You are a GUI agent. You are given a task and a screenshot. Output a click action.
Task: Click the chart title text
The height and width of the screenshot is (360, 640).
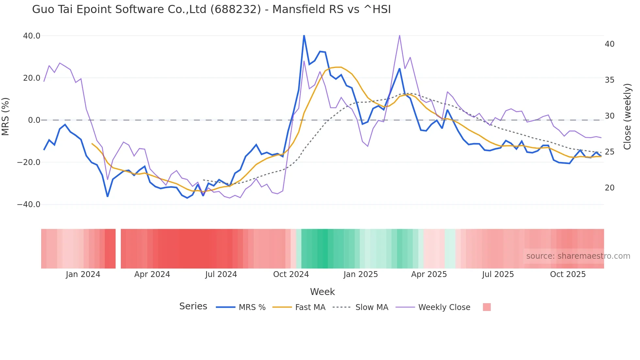pyautogui.click(x=211, y=9)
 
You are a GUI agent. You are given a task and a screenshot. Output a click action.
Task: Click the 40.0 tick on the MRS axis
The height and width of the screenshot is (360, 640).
pyautogui.click(x=32, y=36)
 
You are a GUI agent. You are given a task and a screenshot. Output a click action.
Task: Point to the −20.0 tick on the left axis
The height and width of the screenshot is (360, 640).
pyautogui.click(x=29, y=162)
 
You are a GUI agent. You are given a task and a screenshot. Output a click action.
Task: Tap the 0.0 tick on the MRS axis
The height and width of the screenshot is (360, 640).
pyautogui.click(x=34, y=120)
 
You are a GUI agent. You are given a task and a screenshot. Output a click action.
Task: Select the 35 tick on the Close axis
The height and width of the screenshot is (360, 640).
pyautogui.click(x=609, y=80)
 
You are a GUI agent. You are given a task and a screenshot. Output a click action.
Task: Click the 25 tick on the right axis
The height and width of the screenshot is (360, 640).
pyautogui.click(x=609, y=152)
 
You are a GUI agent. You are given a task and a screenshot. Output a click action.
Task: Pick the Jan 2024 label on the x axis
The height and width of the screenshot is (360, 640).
pyautogui.click(x=83, y=274)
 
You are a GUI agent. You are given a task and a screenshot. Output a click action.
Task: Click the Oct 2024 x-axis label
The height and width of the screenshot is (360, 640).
pyautogui.click(x=291, y=274)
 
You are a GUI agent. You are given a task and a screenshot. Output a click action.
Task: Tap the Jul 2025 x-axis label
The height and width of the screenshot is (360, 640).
pyautogui.click(x=498, y=274)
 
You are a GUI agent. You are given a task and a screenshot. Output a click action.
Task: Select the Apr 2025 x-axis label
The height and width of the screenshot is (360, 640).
pyautogui.click(x=429, y=274)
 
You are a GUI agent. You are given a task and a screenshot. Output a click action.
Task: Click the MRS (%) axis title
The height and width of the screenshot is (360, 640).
pyautogui.click(x=6, y=117)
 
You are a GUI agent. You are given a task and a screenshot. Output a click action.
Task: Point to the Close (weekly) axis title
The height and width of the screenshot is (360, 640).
pyautogui.click(x=627, y=117)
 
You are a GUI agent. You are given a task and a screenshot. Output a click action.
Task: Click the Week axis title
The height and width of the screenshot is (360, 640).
pyautogui.click(x=322, y=292)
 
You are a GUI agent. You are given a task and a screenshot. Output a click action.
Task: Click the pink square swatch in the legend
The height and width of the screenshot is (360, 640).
pyautogui.click(x=487, y=307)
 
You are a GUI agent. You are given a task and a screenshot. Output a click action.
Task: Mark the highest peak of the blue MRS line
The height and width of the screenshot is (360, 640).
pyautogui.click(x=304, y=36)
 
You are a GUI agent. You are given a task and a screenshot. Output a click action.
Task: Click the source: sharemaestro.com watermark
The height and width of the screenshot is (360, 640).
pyautogui.click(x=578, y=256)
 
